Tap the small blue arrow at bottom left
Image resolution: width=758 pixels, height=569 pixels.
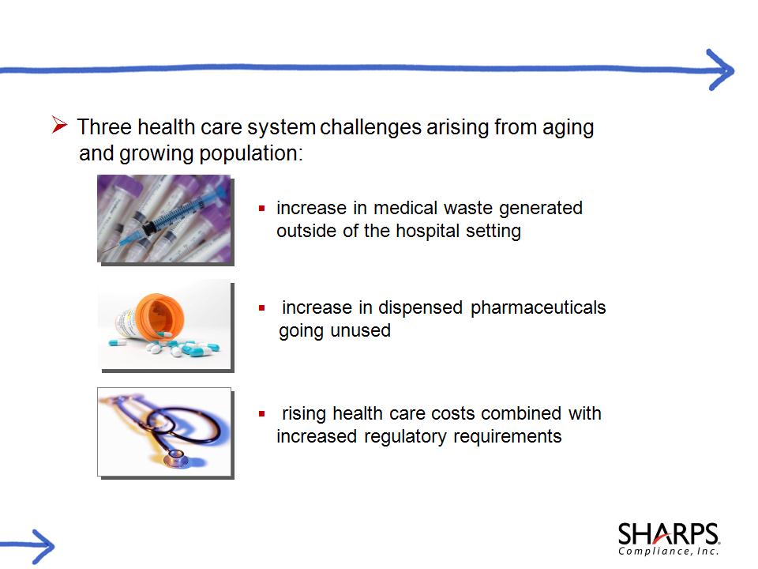(x=27, y=547)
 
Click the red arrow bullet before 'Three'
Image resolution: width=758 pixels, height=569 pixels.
(x=59, y=125)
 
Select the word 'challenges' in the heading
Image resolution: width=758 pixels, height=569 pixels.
(x=370, y=127)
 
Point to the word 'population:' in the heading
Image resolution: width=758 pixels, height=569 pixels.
(x=251, y=154)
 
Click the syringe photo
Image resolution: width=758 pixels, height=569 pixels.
(x=164, y=219)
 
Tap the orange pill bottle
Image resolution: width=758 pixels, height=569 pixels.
(x=150, y=316)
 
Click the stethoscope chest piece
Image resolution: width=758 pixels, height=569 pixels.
(x=175, y=457)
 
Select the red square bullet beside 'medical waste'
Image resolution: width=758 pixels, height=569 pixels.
(x=261, y=209)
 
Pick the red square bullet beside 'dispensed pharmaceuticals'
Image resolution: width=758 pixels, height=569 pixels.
(x=261, y=307)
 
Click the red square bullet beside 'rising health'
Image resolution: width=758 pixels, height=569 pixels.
(x=261, y=413)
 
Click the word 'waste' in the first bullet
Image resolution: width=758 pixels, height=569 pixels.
(x=468, y=208)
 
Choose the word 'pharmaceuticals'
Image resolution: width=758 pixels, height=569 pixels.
(x=538, y=307)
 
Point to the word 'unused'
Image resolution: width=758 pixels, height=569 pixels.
(x=361, y=331)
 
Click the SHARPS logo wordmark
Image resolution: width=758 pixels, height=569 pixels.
(x=669, y=533)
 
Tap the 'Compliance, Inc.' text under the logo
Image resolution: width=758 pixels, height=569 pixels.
(x=669, y=551)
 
